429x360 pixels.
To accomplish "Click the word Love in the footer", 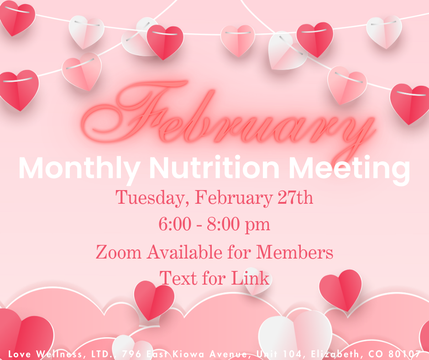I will click(x=19, y=354).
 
